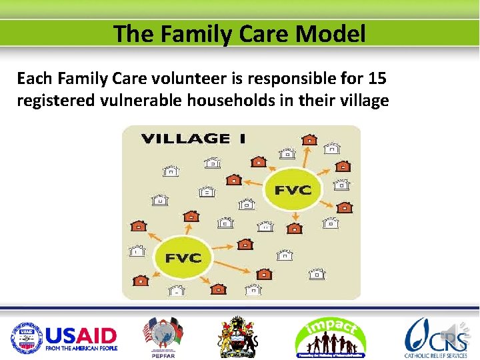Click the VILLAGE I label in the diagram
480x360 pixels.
[193, 139]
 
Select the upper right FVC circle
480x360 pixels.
[293, 189]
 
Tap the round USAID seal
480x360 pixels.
[25, 338]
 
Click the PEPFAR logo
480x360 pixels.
[163, 337]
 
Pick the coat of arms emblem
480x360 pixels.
[237, 337]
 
